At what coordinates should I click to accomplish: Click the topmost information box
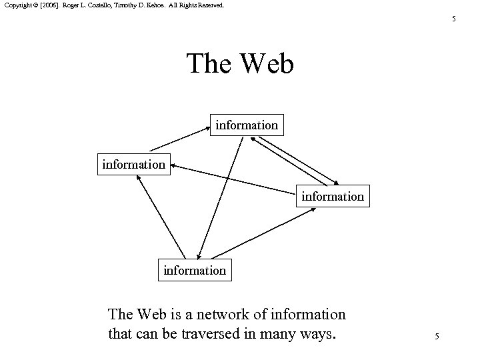(247, 125)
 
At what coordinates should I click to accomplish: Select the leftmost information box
(133, 163)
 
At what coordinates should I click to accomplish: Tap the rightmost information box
(333, 196)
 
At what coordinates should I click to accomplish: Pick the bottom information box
(195, 270)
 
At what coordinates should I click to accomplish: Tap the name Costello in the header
(103, 5)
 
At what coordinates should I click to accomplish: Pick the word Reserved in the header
(211, 5)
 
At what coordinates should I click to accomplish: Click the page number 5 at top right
(454, 19)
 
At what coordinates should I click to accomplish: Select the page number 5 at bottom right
(437, 337)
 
